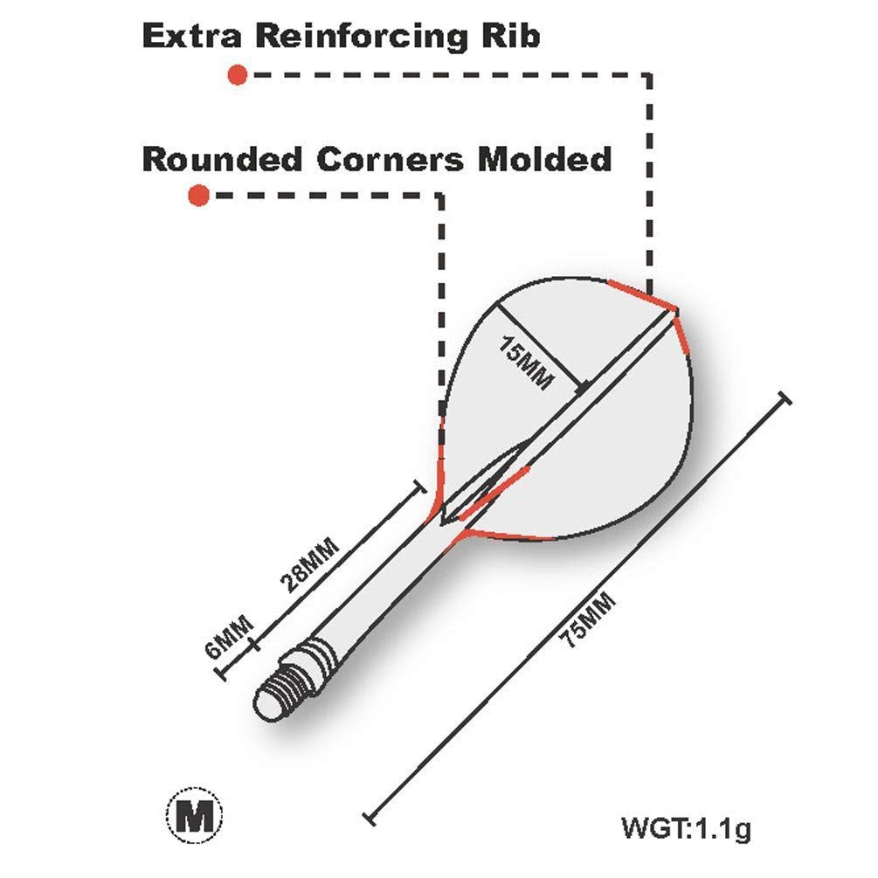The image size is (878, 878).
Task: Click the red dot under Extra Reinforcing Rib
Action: (x=237, y=75)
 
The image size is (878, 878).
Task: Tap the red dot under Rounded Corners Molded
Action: (x=199, y=196)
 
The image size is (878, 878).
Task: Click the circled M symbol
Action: (x=194, y=816)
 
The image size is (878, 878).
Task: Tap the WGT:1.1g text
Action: (x=685, y=827)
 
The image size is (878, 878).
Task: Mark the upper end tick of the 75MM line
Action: (x=784, y=398)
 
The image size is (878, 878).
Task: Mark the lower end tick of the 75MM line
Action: (x=370, y=818)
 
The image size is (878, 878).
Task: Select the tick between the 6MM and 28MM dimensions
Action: (x=254, y=645)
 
